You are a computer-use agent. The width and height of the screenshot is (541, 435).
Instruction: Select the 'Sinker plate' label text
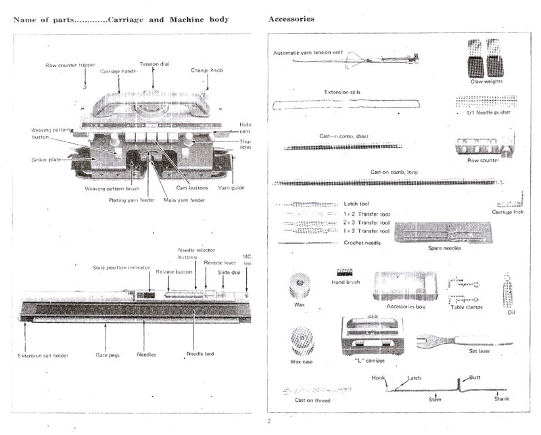tap(47, 160)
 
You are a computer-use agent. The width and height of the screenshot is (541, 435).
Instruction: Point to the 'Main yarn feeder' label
tap(185, 200)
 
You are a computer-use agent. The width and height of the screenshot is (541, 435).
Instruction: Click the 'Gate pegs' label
tap(108, 354)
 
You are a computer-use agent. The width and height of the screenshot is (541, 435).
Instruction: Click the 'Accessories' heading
tap(291, 19)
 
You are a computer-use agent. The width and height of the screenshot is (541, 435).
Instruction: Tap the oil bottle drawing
tap(507, 290)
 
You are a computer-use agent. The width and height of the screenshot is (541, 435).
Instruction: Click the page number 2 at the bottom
tap(268, 421)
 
